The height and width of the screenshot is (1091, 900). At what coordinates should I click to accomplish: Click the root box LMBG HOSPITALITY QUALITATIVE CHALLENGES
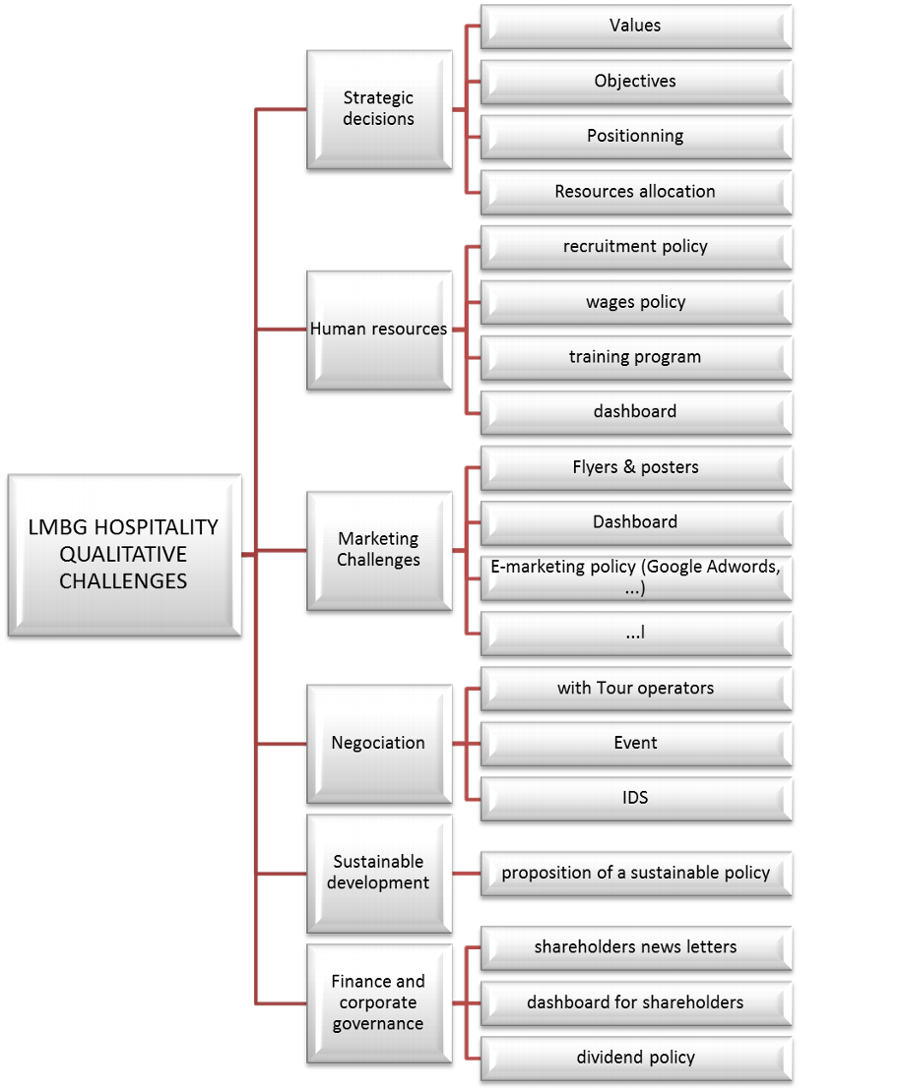tap(123, 556)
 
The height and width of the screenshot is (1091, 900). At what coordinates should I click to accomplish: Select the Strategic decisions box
tap(379, 109)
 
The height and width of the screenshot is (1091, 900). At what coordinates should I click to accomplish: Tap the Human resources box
tap(379, 330)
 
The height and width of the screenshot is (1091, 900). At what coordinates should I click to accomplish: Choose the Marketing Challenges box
tap(379, 550)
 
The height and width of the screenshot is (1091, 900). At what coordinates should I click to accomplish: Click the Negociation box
tap(379, 743)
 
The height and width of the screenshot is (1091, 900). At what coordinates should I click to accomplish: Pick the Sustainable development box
tap(379, 873)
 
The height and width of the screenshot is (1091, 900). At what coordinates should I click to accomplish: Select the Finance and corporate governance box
tap(379, 1002)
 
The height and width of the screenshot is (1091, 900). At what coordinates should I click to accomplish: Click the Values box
tap(635, 26)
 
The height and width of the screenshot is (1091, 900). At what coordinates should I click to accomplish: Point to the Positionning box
tap(635, 136)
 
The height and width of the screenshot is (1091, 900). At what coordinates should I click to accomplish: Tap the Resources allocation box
tap(635, 191)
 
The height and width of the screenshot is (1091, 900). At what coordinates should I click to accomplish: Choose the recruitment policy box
tap(635, 246)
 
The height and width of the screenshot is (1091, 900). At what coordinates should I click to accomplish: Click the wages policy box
tap(635, 302)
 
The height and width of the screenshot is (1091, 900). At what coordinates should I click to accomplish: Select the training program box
tap(635, 357)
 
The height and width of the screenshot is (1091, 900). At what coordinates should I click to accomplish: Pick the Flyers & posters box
tap(635, 467)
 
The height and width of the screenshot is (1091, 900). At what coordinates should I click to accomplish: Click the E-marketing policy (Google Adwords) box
tap(635, 577)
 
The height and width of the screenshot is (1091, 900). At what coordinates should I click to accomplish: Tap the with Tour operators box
tap(635, 688)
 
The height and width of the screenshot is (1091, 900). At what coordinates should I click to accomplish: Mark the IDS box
tap(635, 798)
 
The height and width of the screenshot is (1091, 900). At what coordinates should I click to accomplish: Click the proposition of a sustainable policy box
tap(635, 873)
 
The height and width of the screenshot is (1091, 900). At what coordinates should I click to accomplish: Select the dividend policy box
tap(635, 1058)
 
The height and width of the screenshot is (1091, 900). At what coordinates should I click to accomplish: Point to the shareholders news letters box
tap(635, 947)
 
